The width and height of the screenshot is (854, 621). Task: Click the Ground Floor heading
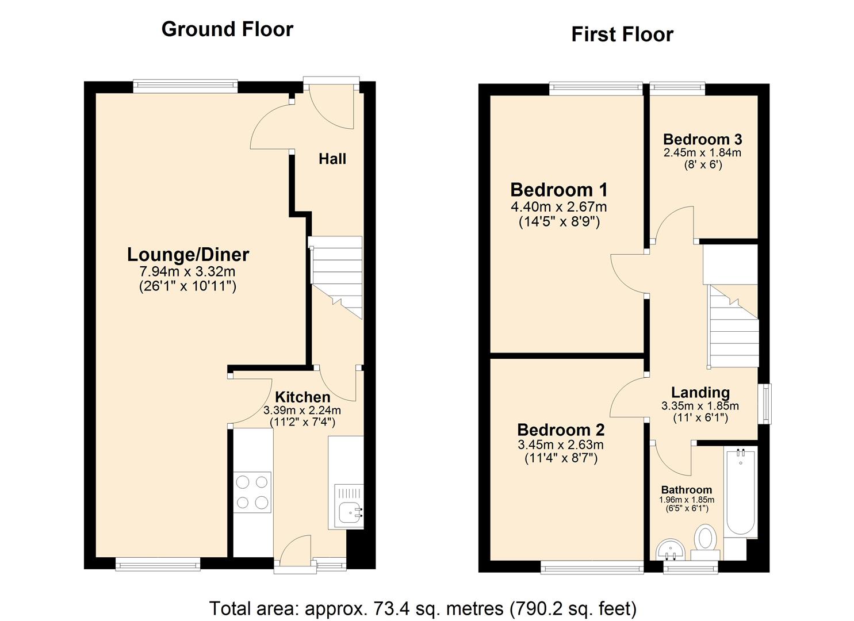[x=227, y=29]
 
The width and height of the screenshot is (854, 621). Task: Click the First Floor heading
[x=622, y=34]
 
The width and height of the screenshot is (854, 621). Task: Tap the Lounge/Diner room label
[x=188, y=254]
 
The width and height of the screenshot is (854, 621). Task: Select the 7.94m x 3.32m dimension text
[x=187, y=271]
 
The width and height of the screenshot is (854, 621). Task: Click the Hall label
[x=332, y=159]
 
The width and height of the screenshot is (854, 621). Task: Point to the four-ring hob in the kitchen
[x=252, y=492]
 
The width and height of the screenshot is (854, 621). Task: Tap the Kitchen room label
[x=302, y=397]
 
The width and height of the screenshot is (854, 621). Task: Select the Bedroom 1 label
[x=559, y=189]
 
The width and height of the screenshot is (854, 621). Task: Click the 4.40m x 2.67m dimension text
[x=559, y=206]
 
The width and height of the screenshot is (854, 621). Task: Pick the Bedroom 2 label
[x=561, y=430]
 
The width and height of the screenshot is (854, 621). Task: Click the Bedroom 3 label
[x=702, y=139]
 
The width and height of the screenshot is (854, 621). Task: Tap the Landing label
[x=700, y=392]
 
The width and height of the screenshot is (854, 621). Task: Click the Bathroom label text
[x=686, y=490]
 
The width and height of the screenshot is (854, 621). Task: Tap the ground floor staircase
[x=336, y=276]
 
